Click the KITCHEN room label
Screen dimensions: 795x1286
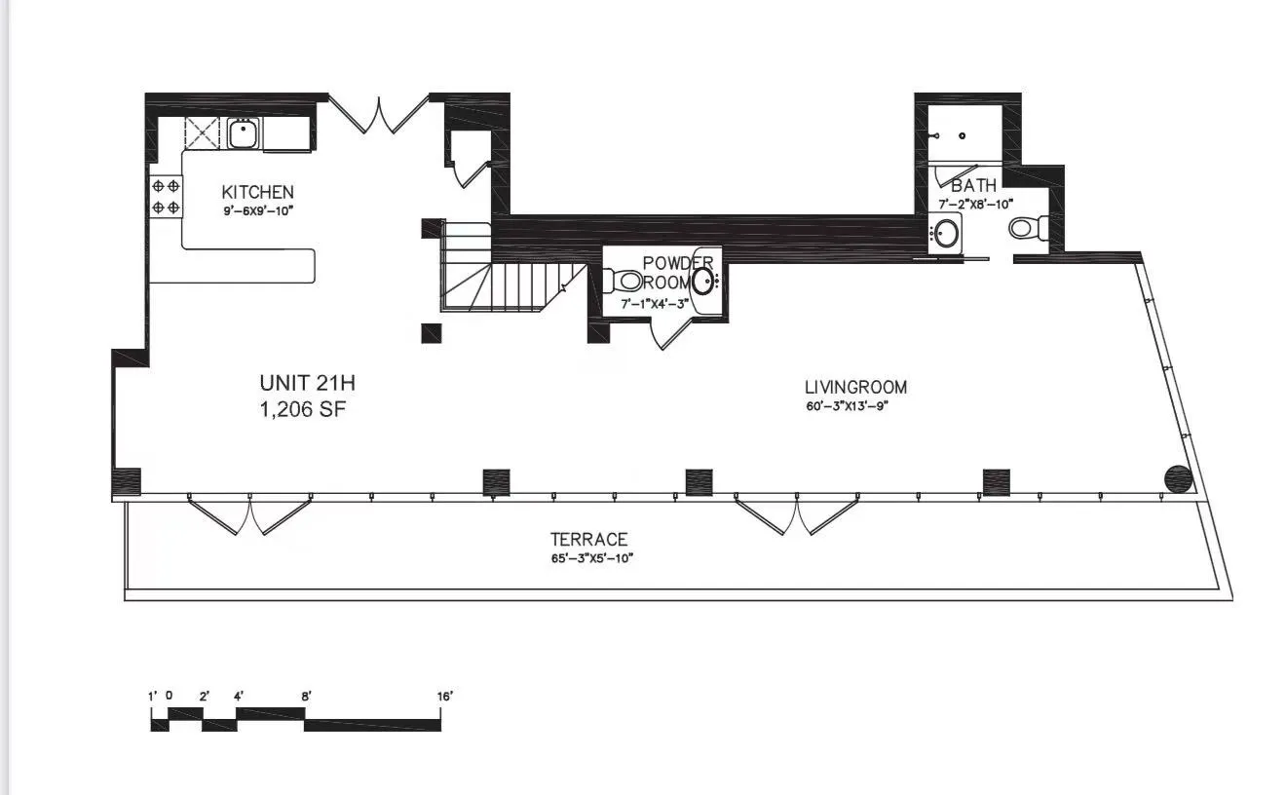257,192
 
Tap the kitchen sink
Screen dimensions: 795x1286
243,132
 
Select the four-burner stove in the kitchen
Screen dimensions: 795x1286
165,195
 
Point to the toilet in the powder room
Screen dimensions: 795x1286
624,282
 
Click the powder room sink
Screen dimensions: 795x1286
703,282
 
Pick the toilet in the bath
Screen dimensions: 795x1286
1027,228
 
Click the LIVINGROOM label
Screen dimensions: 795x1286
855,388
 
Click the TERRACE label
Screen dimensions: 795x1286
588,539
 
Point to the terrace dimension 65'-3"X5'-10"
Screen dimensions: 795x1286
593,558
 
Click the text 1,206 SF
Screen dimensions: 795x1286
302,409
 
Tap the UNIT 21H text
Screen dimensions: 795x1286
300,382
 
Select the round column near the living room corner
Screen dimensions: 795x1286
1179,479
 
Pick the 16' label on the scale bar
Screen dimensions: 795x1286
445,697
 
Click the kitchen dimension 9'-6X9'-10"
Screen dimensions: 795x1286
257,208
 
